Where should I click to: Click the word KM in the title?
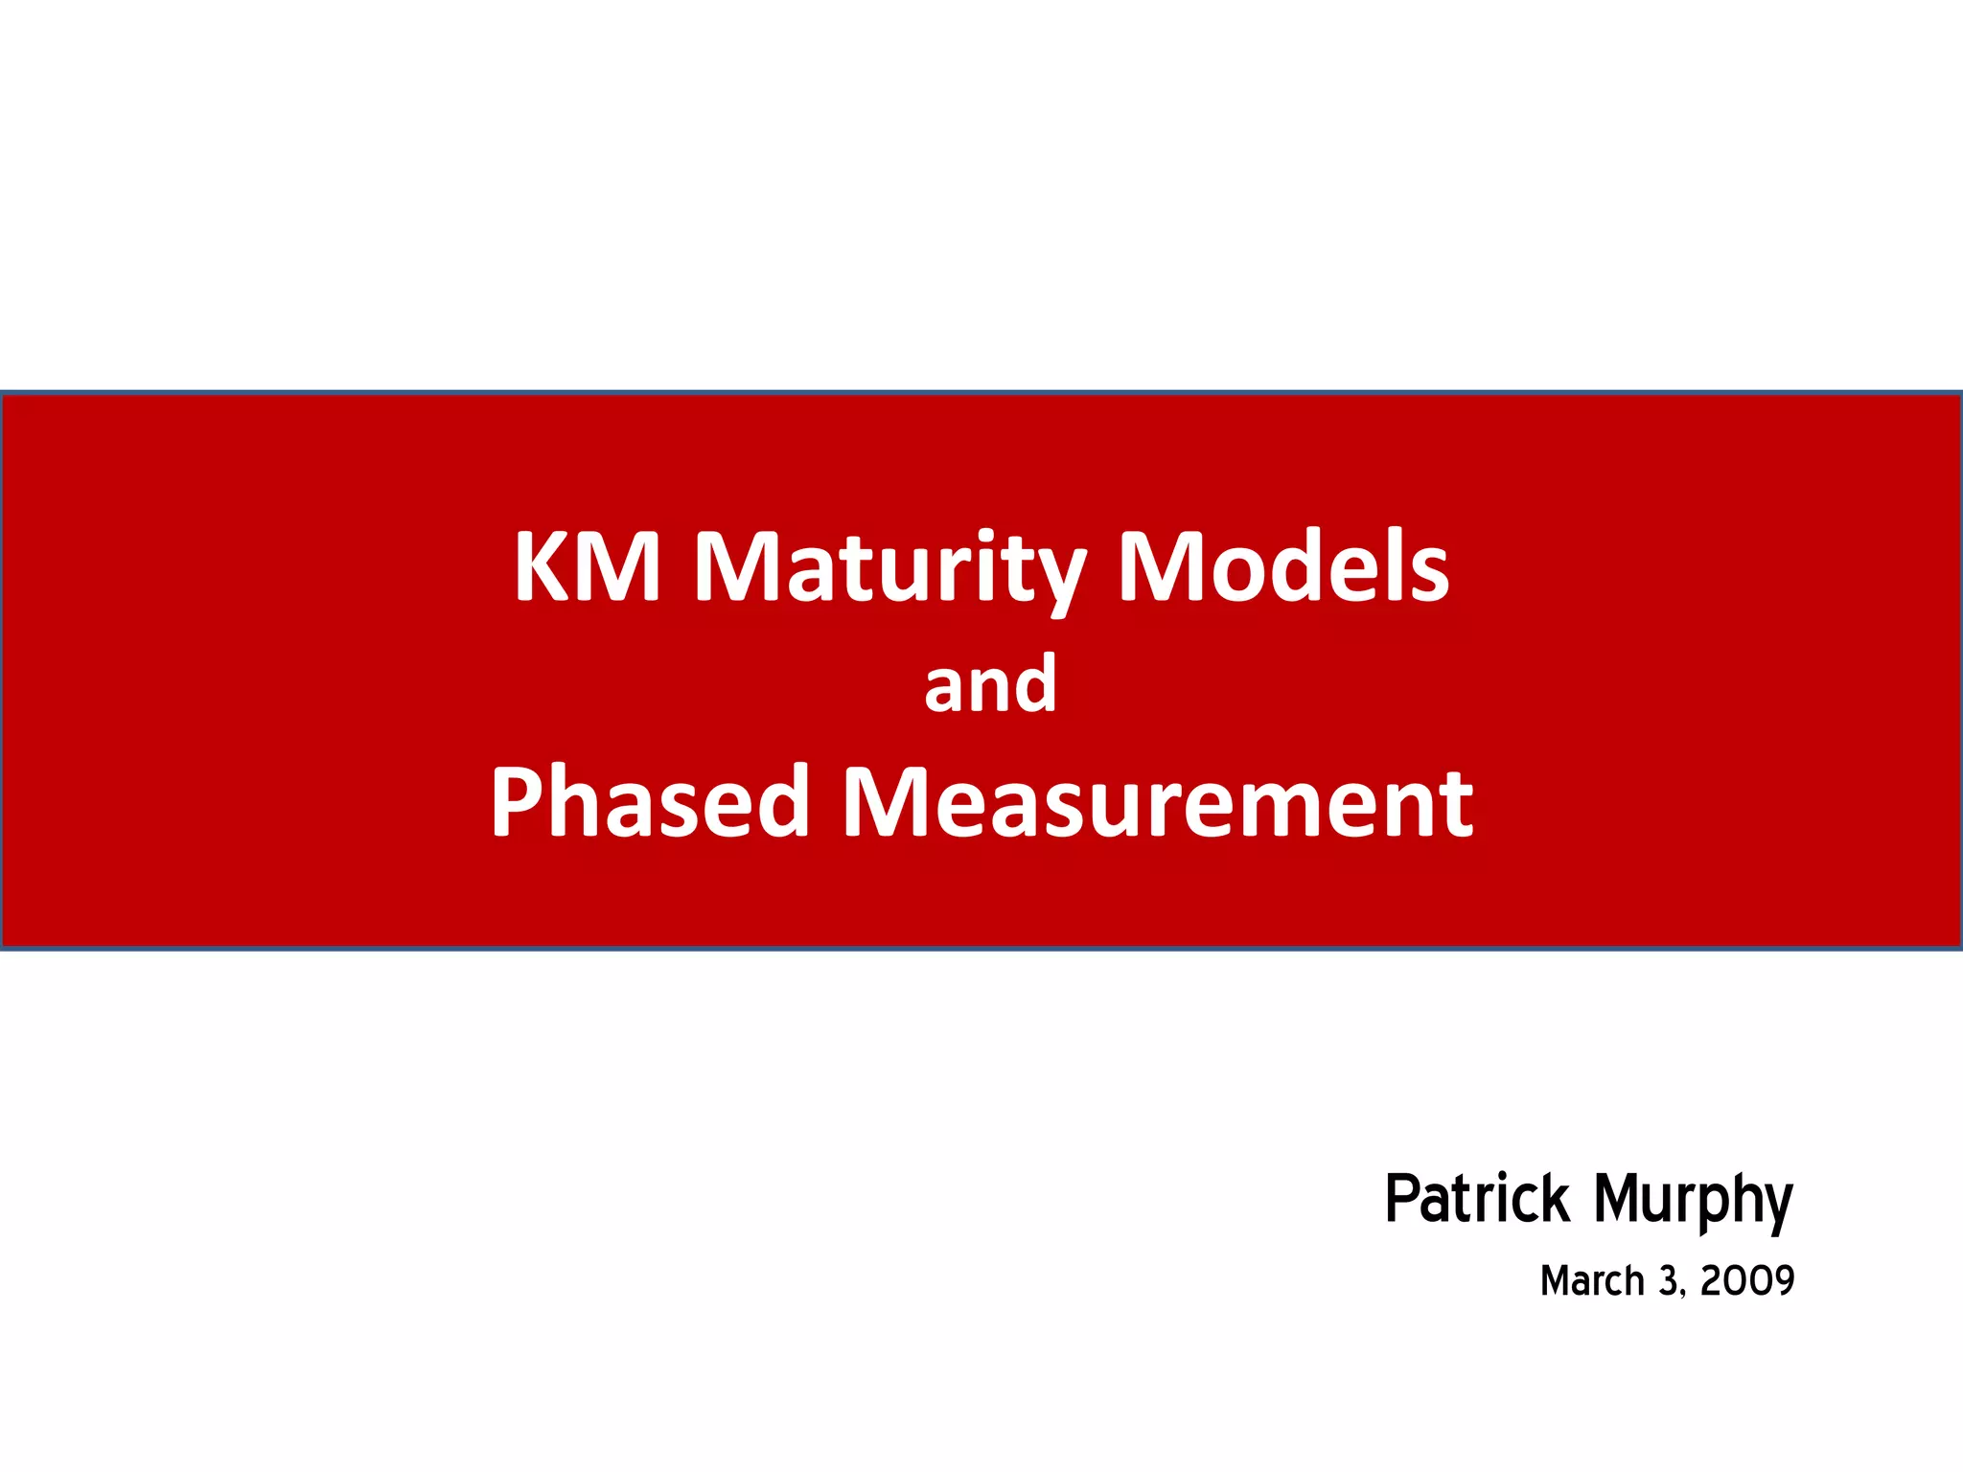pos(587,566)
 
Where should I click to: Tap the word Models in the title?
pos(1283,566)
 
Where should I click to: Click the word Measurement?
pos(1157,803)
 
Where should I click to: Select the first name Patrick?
pos(1477,1199)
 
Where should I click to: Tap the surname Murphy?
pos(1693,1203)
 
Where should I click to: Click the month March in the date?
pos(1592,1281)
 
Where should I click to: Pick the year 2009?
pos(1746,1281)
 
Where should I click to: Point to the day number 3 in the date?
pos(1670,1281)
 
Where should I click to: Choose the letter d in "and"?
pos(1037,683)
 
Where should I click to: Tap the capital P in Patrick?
pos(1402,1199)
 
